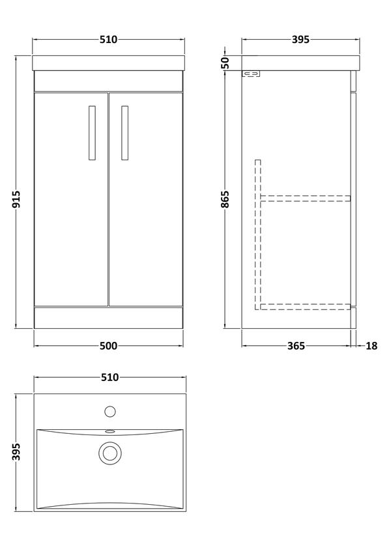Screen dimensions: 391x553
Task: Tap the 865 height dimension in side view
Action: click(225, 199)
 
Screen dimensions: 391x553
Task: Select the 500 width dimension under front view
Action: click(108, 346)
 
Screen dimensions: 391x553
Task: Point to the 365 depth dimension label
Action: click(296, 346)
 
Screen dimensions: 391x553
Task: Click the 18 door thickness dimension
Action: click(371, 346)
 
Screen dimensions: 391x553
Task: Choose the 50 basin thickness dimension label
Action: click(225, 63)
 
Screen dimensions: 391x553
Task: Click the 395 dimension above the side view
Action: click(300, 40)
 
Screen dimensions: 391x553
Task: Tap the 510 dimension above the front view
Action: click(108, 40)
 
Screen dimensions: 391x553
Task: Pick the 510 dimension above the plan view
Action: click(109, 377)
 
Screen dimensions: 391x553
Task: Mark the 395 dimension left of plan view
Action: click(16, 452)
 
